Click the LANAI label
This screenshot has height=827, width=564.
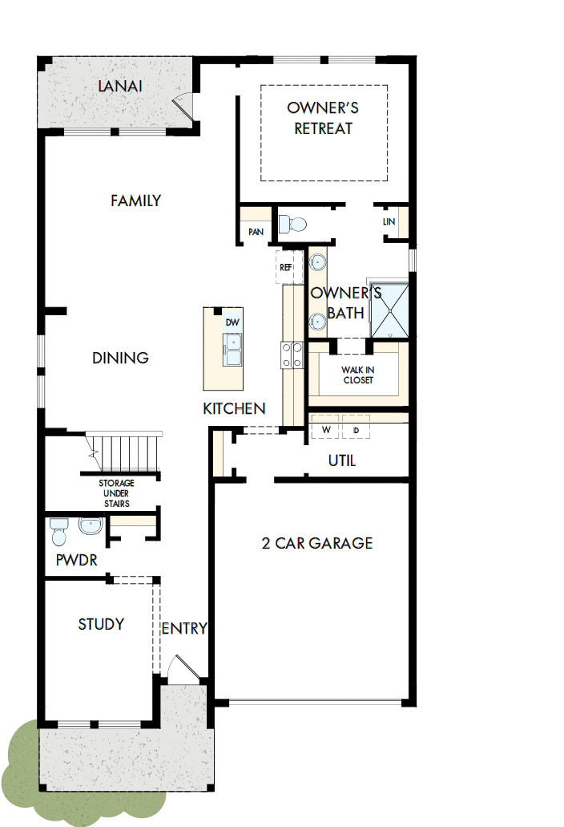(120, 86)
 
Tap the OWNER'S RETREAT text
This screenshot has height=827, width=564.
(323, 118)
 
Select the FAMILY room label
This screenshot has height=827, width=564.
(136, 201)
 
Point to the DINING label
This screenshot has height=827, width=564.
(120, 358)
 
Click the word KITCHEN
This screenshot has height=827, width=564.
(234, 409)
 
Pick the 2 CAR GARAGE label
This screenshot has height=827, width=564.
(317, 543)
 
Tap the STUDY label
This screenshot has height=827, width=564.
(101, 624)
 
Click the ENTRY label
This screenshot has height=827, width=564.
(184, 629)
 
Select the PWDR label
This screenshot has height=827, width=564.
(77, 560)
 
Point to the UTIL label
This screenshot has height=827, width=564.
(342, 461)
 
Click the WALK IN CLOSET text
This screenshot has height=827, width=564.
(358, 375)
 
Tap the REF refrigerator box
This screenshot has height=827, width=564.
(286, 268)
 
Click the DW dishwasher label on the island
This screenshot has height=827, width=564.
(232, 322)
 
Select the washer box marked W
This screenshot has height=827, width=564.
(326, 430)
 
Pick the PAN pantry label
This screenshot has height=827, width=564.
(256, 232)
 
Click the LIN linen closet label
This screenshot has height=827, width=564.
(389, 221)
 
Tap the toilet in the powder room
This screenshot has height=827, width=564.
(59, 530)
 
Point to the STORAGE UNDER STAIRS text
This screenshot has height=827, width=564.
(116, 493)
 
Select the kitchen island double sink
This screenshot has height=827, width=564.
(233, 351)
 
